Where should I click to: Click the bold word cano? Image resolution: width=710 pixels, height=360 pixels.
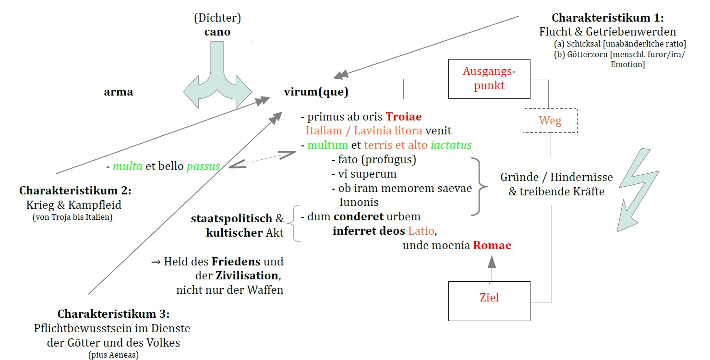[217, 32]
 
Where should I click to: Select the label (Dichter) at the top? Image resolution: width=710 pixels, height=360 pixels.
[217, 19]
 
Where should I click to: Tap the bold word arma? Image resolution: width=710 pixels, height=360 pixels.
[118, 92]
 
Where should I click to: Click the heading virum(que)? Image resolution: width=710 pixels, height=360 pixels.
[316, 92]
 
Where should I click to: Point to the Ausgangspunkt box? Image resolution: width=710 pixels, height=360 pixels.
[489, 78]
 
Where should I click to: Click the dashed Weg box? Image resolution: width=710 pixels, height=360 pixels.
[550, 120]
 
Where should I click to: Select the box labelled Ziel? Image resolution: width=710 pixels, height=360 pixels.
[489, 298]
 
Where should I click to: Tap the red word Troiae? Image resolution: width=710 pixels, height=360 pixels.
[403, 117]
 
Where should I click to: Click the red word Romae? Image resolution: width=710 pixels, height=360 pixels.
[492, 246]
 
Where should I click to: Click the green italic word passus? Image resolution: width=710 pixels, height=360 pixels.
[203, 167]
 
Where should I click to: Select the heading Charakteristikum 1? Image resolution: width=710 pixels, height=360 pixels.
[607, 18]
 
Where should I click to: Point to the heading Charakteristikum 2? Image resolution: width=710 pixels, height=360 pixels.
[75, 191]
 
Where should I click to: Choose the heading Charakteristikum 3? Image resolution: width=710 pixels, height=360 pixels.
[113, 314]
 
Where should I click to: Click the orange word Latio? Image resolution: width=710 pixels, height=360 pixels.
[421, 231]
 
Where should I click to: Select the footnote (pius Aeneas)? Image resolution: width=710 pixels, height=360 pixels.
[113, 355]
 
